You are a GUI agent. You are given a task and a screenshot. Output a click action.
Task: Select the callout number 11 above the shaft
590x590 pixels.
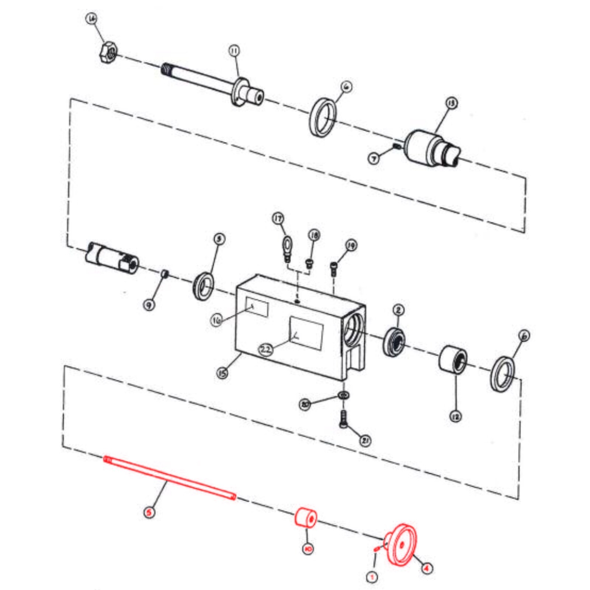(235, 51)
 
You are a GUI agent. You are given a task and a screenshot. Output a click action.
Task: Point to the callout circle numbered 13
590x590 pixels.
(451, 103)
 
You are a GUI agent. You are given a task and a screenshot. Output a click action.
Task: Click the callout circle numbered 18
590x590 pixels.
(314, 235)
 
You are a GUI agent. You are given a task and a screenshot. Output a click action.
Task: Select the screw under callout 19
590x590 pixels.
(334, 268)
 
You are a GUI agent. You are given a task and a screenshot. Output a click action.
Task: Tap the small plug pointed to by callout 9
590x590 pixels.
(165, 274)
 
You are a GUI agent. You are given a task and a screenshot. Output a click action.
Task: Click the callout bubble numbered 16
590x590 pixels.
(217, 320)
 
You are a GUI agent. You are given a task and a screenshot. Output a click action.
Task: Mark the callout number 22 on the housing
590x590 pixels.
(266, 349)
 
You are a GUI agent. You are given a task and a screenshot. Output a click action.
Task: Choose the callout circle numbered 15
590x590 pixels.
(222, 373)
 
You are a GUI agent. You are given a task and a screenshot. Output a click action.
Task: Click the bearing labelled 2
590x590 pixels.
(394, 341)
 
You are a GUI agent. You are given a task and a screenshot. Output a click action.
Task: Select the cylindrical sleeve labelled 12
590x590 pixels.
(453, 359)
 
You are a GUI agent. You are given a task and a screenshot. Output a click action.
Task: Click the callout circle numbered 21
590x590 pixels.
(365, 440)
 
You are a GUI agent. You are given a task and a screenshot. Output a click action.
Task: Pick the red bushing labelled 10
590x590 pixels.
(306, 518)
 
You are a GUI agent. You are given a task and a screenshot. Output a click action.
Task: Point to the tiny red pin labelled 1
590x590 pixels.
(376, 549)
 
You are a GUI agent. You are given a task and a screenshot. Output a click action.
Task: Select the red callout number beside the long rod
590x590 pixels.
(149, 512)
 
